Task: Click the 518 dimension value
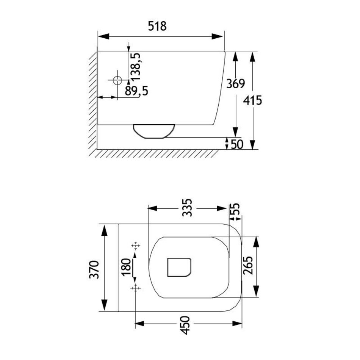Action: (157, 26)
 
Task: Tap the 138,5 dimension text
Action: (136, 67)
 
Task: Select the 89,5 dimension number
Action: (136, 91)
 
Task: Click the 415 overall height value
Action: (252, 100)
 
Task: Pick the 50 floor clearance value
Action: (237, 144)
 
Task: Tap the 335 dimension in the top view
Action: (187, 208)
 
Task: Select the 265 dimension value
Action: (248, 265)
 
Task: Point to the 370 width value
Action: (94, 269)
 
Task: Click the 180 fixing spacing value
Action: (126, 267)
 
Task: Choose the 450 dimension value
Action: (185, 326)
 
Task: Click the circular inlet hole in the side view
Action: (117, 80)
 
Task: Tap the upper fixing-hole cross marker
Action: (135, 246)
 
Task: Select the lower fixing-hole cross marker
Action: (135, 288)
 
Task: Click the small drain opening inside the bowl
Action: (179, 267)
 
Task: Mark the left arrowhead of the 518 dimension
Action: (103, 36)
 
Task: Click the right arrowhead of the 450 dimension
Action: (237, 324)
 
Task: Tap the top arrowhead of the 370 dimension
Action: (105, 230)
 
